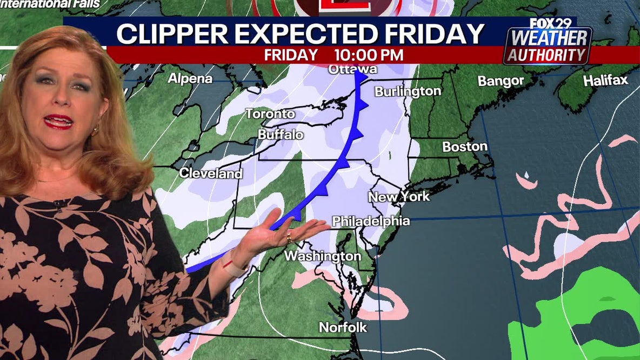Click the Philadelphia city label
coord(371,221)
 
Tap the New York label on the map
coord(399,197)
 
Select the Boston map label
coord(465,146)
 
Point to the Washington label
coord(323,256)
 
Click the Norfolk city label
coord(343,327)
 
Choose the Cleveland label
coord(211,174)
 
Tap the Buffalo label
coord(281,135)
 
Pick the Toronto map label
coord(270,114)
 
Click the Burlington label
coord(408,91)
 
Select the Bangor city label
coord(501,81)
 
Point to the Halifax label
coord(605,81)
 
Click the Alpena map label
coord(190,78)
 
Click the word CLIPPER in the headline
coord(170,35)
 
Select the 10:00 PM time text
coord(369,55)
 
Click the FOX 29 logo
coord(548,24)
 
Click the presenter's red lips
coord(59,121)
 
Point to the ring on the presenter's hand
coord(289,237)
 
